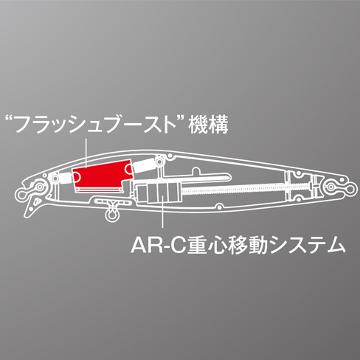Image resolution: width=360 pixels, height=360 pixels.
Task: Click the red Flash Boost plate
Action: point(102,176)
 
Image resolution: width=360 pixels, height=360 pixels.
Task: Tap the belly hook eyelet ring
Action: point(111,215)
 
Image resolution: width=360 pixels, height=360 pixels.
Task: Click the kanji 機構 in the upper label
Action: point(208,125)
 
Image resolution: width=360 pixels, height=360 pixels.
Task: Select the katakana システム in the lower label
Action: point(307,246)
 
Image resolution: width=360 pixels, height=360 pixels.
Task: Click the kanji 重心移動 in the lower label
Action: point(226,245)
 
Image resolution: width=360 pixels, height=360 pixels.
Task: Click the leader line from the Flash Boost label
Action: point(86,153)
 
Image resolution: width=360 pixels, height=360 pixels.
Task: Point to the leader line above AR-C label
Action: point(162,208)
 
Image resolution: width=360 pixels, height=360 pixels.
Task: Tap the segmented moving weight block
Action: point(156,191)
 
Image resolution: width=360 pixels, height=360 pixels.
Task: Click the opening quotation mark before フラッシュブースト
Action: point(10,120)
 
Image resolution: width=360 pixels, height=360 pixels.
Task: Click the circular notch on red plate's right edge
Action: point(129,169)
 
